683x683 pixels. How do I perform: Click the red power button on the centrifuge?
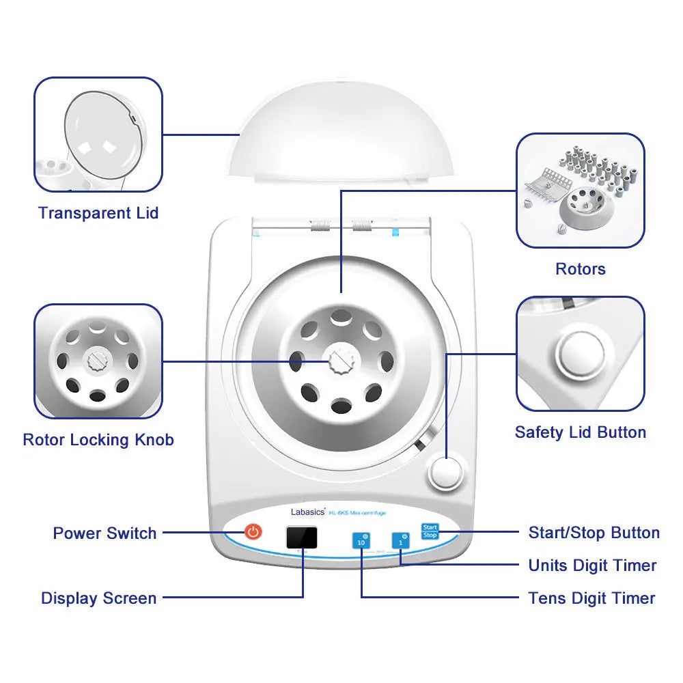tap(253, 531)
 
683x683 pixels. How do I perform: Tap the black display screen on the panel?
tap(301, 538)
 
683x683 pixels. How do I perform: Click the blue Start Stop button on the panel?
tap(430, 531)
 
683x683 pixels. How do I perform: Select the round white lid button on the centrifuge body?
tap(445, 473)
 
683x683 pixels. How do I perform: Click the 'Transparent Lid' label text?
tap(98, 213)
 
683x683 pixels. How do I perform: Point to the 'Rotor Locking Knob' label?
tap(98, 440)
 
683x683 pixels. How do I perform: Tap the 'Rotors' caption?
tap(580, 269)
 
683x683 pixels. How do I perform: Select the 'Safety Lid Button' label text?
tap(580, 432)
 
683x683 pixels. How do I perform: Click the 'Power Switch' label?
tap(104, 533)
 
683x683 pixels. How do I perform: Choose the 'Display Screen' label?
tap(98, 599)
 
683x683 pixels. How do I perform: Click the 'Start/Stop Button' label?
tap(594, 533)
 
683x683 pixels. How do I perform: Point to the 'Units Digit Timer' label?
tap(592, 566)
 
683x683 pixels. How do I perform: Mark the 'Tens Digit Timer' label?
tap(591, 599)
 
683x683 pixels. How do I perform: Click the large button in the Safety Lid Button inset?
tap(580, 355)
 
